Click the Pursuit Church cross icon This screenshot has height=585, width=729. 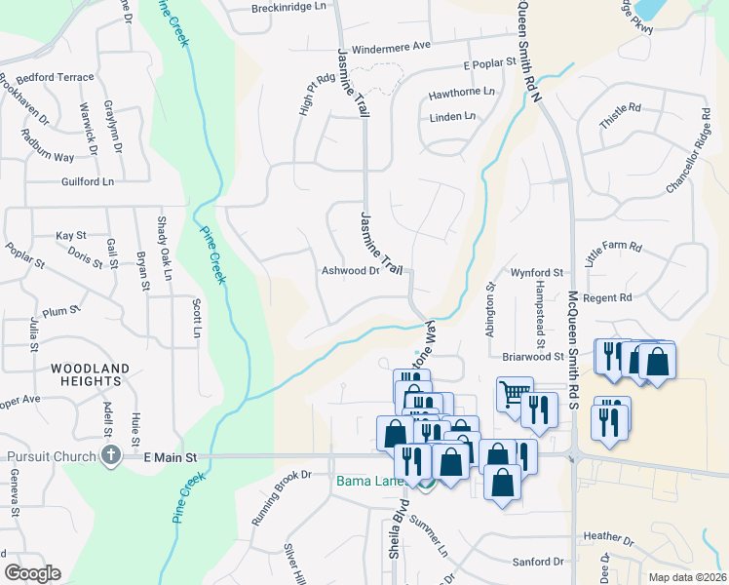pos(111,455)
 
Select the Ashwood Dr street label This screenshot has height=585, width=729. pos(350,271)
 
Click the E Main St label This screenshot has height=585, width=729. pos(170,456)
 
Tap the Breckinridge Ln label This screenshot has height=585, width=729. pos(288,7)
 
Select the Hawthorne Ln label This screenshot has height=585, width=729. pos(462,96)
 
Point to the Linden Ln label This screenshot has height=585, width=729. pos(452,117)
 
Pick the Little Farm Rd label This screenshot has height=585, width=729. pos(614,254)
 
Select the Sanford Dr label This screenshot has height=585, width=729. pos(538,562)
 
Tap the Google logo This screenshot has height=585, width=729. pos(32,573)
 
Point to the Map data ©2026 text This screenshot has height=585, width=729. pos(687,577)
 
